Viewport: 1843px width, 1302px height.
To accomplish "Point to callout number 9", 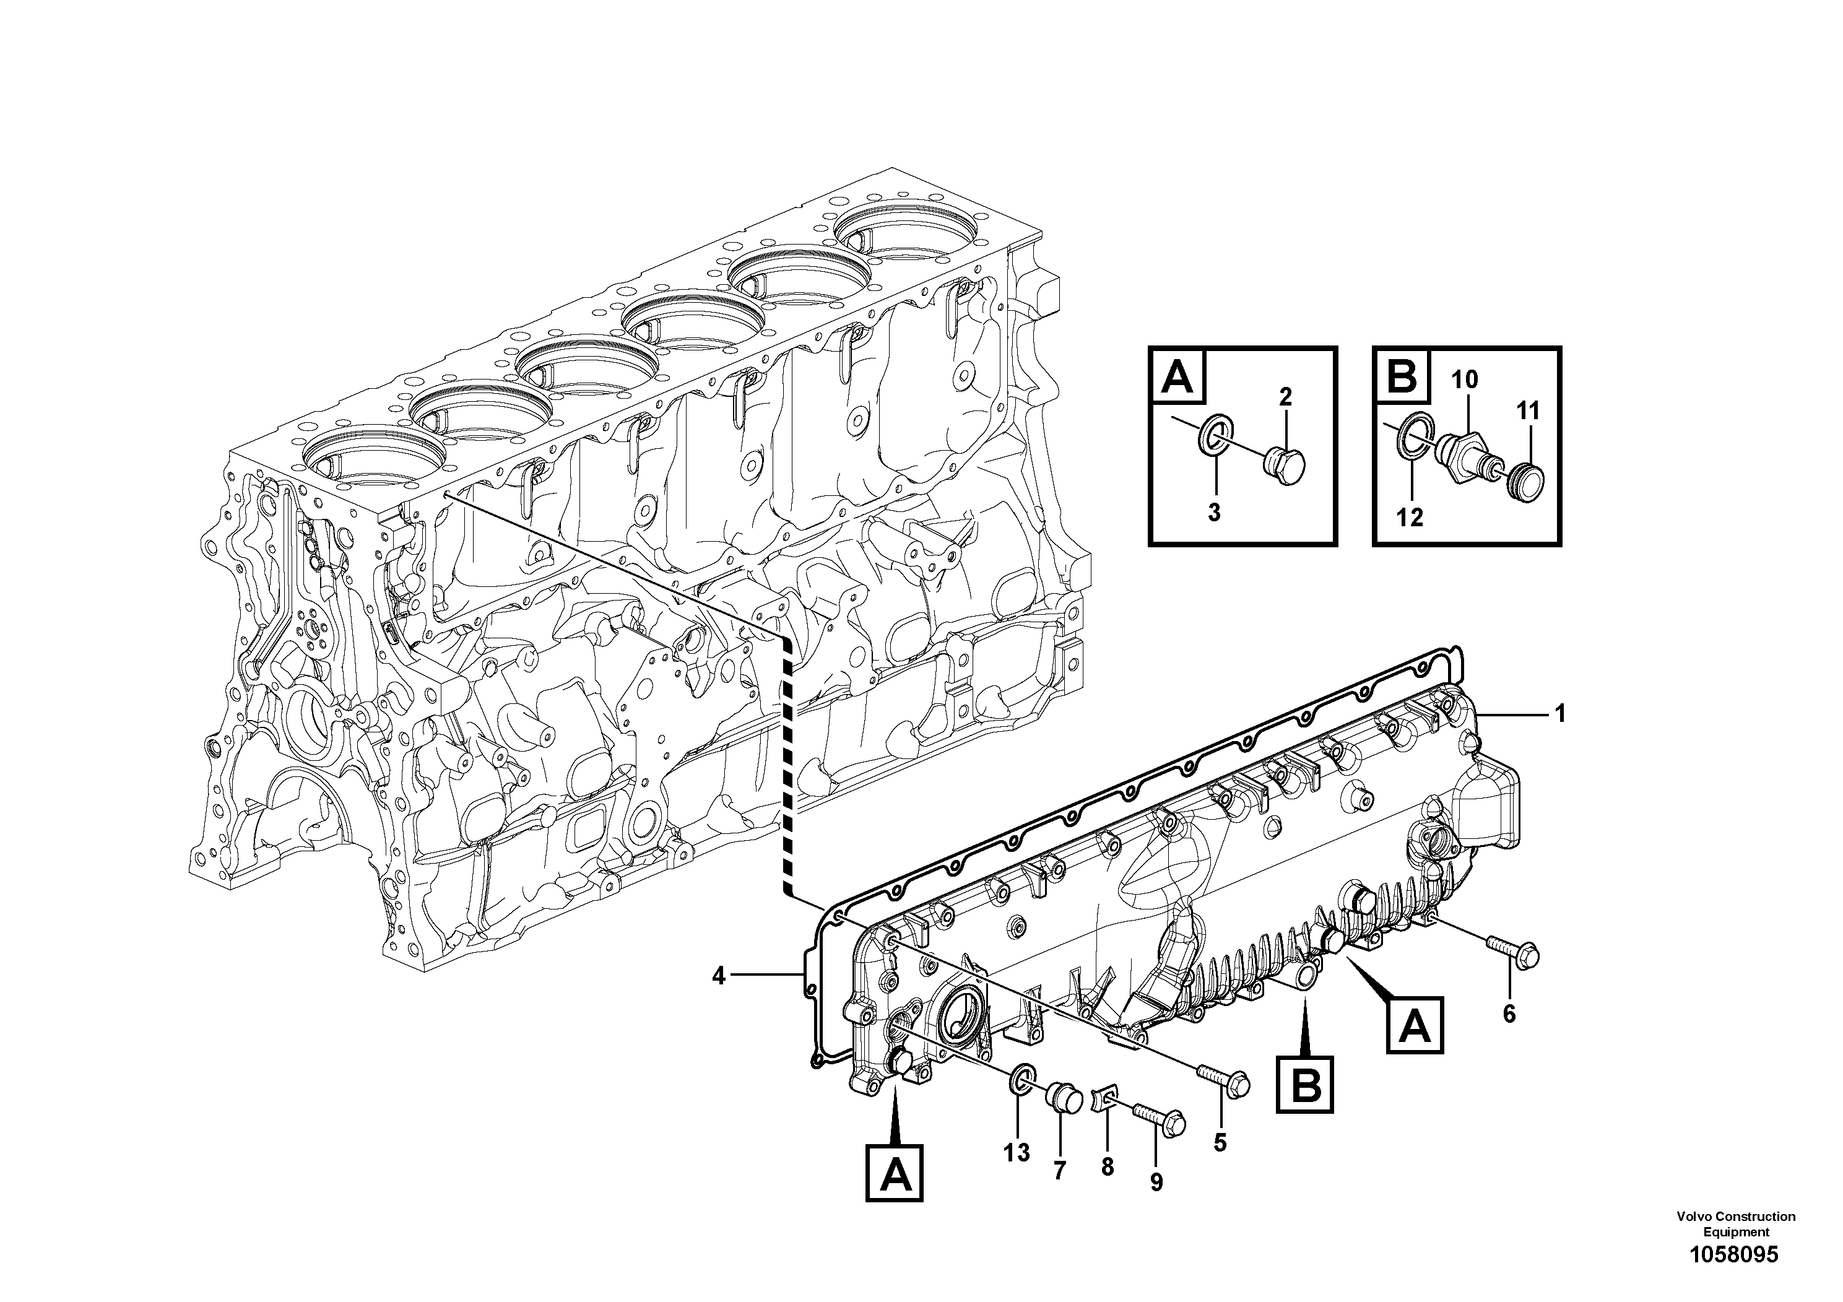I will (1156, 1182).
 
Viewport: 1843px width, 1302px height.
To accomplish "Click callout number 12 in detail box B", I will (1410, 518).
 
